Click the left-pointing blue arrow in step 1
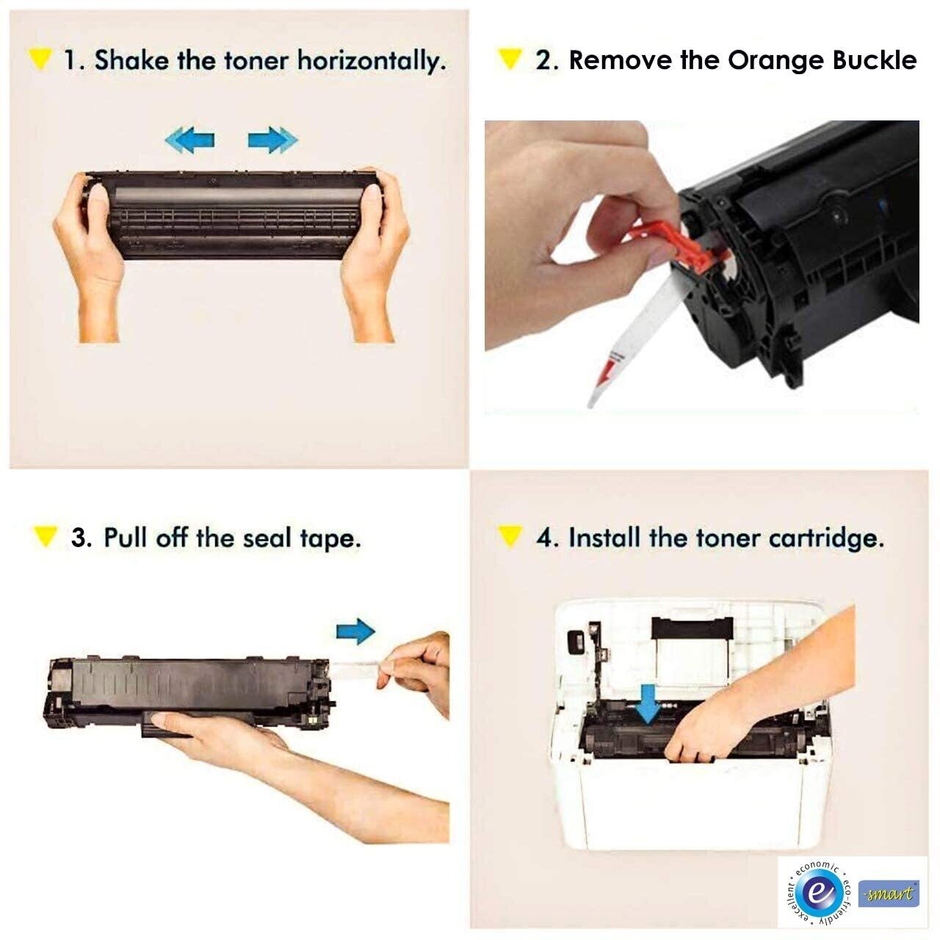click(x=189, y=140)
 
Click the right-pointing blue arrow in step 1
click(x=272, y=140)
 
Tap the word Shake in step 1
click(x=131, y=60)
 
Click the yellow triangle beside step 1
click(x=40, y=59)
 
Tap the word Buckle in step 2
click(x=874, y=60)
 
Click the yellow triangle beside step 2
click(x=510, y=59)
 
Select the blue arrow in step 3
click(x=355, y=632)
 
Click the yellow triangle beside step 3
click(x=45, y=537)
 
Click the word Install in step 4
click(x=604, y=538)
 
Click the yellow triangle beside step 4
click(x=510, y=537)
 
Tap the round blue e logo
click(x=819, y=892)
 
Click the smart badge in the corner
click(x=889, y=892)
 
